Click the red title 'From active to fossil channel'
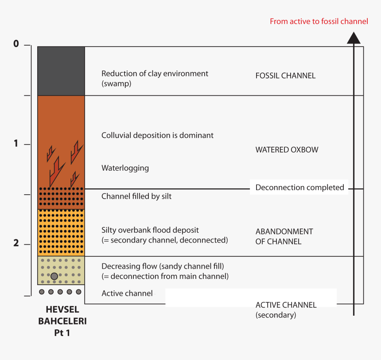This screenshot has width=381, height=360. pyautogui.click(x=319, y=21)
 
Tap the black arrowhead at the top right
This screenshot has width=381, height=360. pyautogui.click(x=354, y=38)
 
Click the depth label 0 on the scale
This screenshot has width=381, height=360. pyautogui.click(x=16, y=44)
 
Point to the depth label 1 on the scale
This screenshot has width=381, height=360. pyautogui.click(x=16, y=144)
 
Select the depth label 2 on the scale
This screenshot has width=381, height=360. pyautogui.click(x=16, y=243)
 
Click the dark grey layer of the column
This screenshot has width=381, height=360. pyautogui.click(x=61, y=71)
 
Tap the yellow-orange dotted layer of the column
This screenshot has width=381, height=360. pyautogui.click(x=61, y=233)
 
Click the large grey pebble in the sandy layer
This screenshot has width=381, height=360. pyautogui.click(x=54, y=276)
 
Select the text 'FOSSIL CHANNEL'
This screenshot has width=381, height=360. pyautogui.click(x=285, y=76)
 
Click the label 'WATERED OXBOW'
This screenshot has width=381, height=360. pyautogui.click(x=287, y=149)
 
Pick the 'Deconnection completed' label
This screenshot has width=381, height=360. pyautogui.click(x=299, y=187)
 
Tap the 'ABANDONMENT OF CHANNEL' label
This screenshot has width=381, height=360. pyautogui.click(x=284, y=236)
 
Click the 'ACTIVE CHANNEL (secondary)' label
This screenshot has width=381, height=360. pyautogui.click(x=286, y=310)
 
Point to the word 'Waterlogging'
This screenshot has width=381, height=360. pyautogui.click(x=125, y=168)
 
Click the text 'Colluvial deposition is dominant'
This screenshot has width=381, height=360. pyautogui.click(x=157, y=135)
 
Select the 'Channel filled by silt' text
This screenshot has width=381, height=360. pyautogui.click(x=136, y=196)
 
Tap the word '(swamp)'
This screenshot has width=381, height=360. pyautogui.click(x=117, y=84)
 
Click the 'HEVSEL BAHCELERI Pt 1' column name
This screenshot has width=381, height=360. pyautogui.click(x=62, y=321)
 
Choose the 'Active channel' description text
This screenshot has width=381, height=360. pyautogui.click(x=127, y=293)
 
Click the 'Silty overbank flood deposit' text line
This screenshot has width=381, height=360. pyautogui.click(x=150, y=230)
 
